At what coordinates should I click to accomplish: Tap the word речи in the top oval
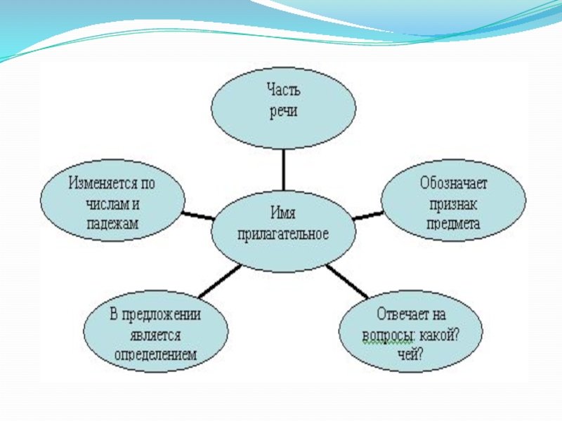coord(284,112)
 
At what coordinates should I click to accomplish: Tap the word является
coord(156,335)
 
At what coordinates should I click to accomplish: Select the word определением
coord(156,355)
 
